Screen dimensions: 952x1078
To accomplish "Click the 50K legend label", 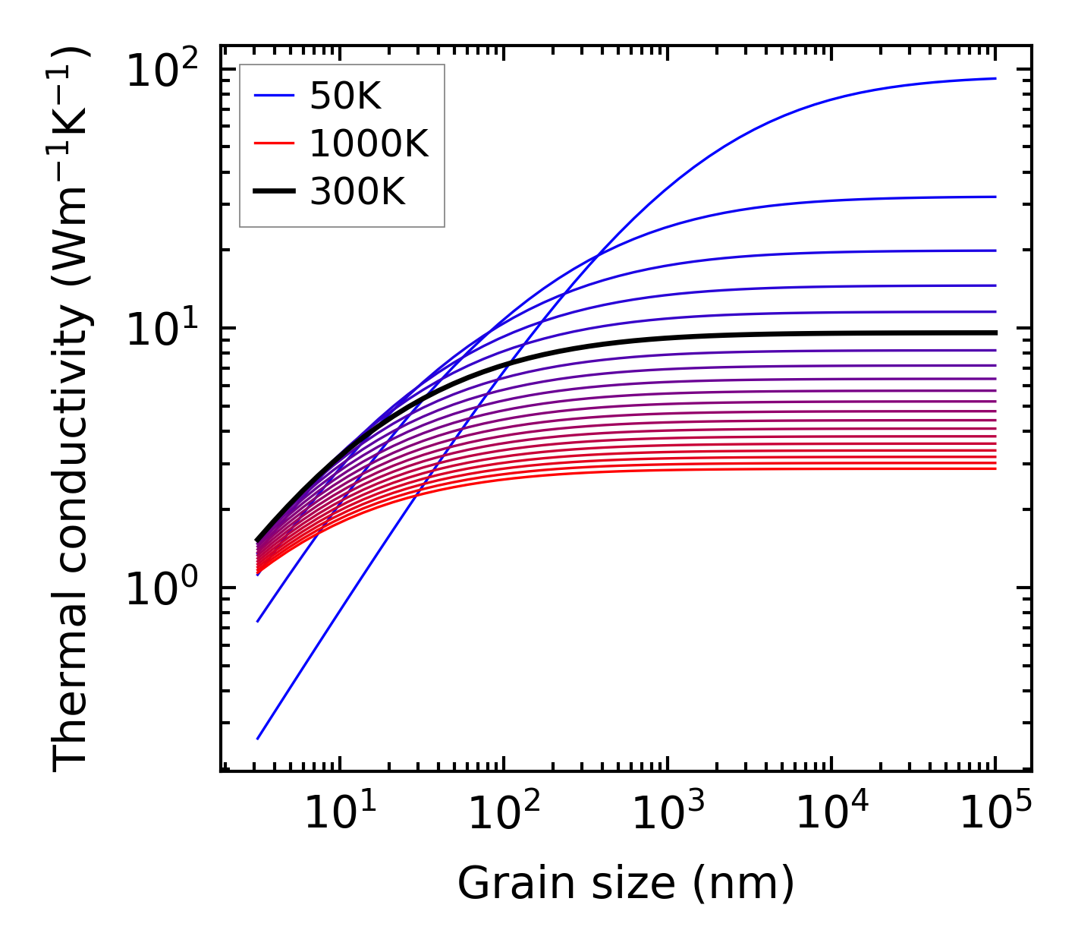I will (345, 96).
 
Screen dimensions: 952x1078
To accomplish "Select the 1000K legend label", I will (369, 143).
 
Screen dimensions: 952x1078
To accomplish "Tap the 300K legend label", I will (357, 192).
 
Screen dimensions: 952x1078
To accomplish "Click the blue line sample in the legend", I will (273, 96).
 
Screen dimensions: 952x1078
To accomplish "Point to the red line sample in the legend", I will (273, 143).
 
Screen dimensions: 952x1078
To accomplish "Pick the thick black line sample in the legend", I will (273, 192).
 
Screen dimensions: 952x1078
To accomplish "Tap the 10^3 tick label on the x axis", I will (667, 813).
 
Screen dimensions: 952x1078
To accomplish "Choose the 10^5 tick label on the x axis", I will (995, 813).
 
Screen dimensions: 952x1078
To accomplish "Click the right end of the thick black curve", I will (995, 333).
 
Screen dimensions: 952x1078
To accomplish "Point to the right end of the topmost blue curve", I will (995, 78).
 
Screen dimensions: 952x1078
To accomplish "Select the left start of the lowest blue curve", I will (258, 738).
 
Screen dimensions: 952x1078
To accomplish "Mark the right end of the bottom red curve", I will (995, 468).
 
